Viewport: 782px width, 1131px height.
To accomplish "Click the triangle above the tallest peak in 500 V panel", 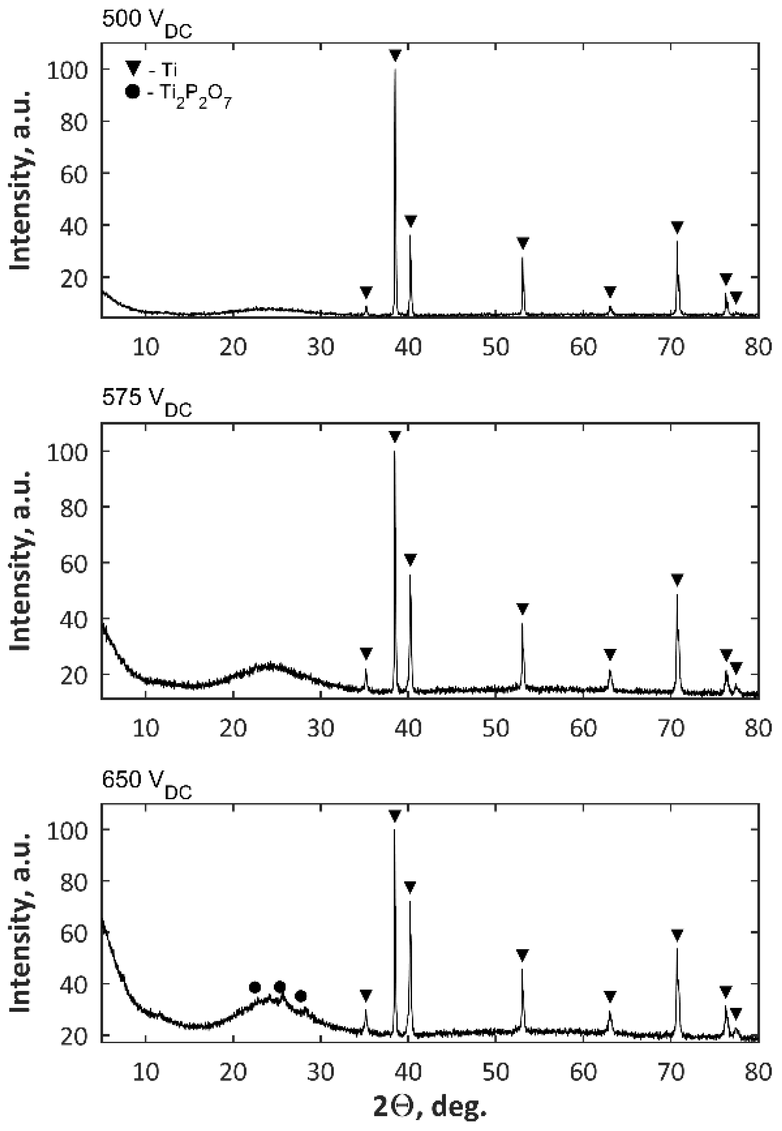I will point(395,55).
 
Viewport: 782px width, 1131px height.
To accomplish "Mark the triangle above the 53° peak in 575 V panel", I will point(523,609).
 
